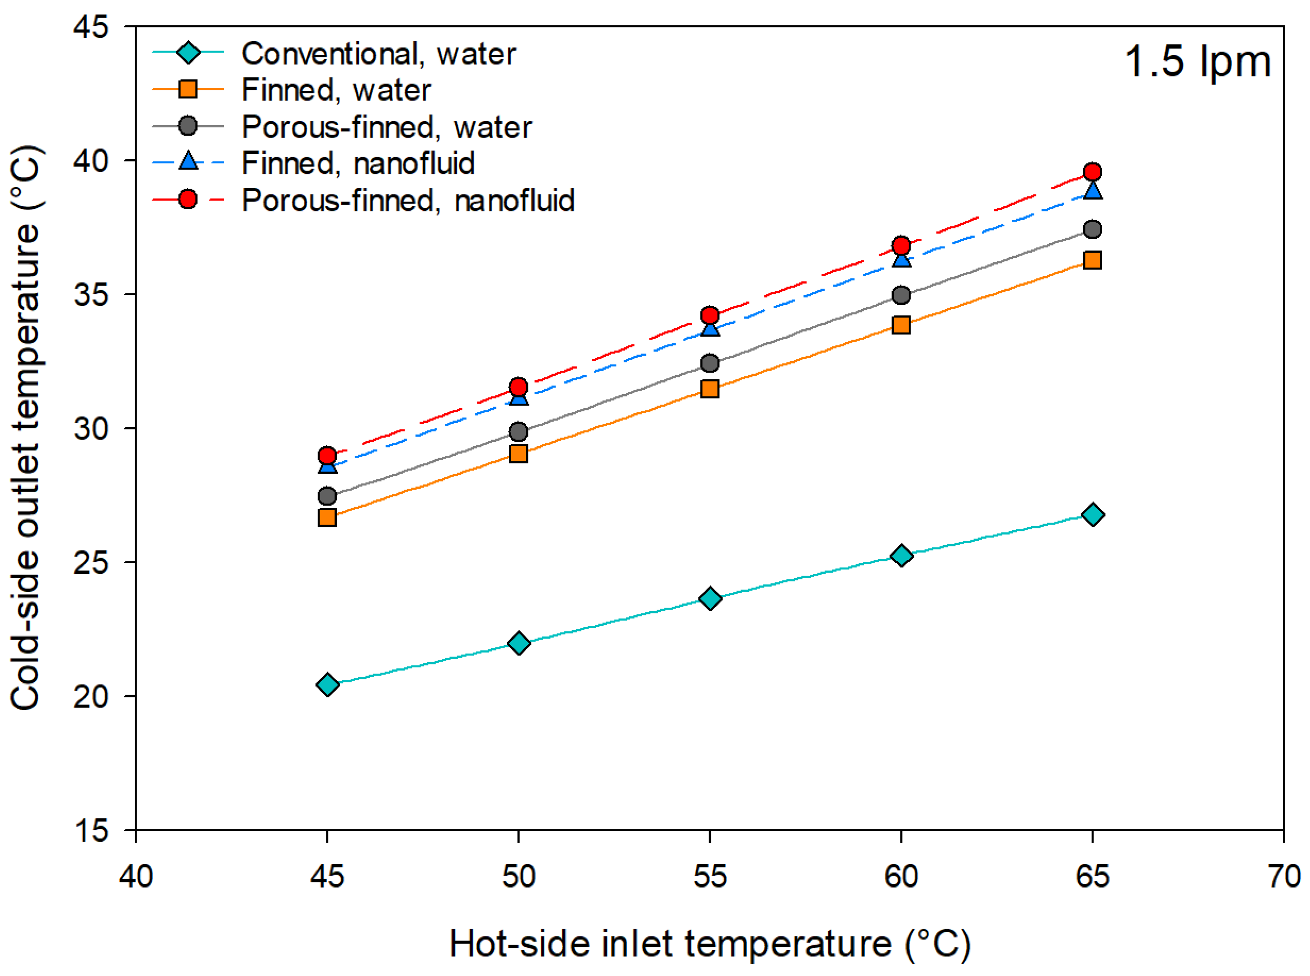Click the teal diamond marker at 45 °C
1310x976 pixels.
[327, 685]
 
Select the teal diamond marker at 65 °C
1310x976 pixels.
[1093, 515]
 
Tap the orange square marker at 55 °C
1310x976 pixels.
[709, 389]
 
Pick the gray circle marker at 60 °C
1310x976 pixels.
[901, 295]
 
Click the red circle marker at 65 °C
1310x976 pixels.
[1093, 172]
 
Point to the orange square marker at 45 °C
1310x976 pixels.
[327, 517]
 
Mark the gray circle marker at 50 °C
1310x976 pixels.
[518, 431]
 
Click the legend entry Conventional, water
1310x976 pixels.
[378, 54]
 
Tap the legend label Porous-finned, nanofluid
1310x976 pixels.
[408, 200]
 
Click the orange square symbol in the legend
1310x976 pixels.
[188, 89]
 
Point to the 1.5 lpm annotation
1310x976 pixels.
[1197, 62]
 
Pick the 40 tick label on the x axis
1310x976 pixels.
[136, 876]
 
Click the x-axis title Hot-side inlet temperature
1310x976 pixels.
[709, 944]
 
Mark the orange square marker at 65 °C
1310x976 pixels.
[1093, 260]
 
